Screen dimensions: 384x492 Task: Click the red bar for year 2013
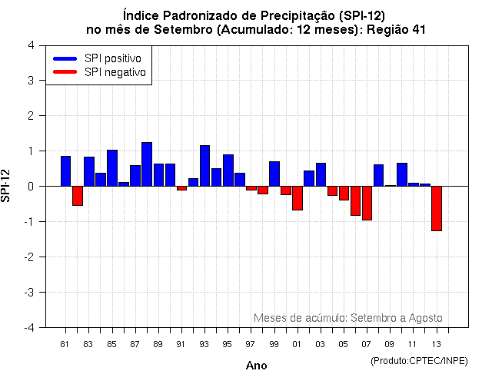point(436,208)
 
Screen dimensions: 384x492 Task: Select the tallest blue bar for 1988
point(147,164)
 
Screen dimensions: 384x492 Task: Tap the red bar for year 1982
point(78,196)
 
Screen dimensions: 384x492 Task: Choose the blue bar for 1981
point(66,171)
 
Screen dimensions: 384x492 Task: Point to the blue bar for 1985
point(112,168)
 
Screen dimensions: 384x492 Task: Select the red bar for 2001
point(298,198)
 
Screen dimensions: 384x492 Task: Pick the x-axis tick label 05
point(344,345)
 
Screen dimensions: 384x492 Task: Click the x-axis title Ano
point(256,366)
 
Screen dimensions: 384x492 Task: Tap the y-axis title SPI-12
point(7,186)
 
